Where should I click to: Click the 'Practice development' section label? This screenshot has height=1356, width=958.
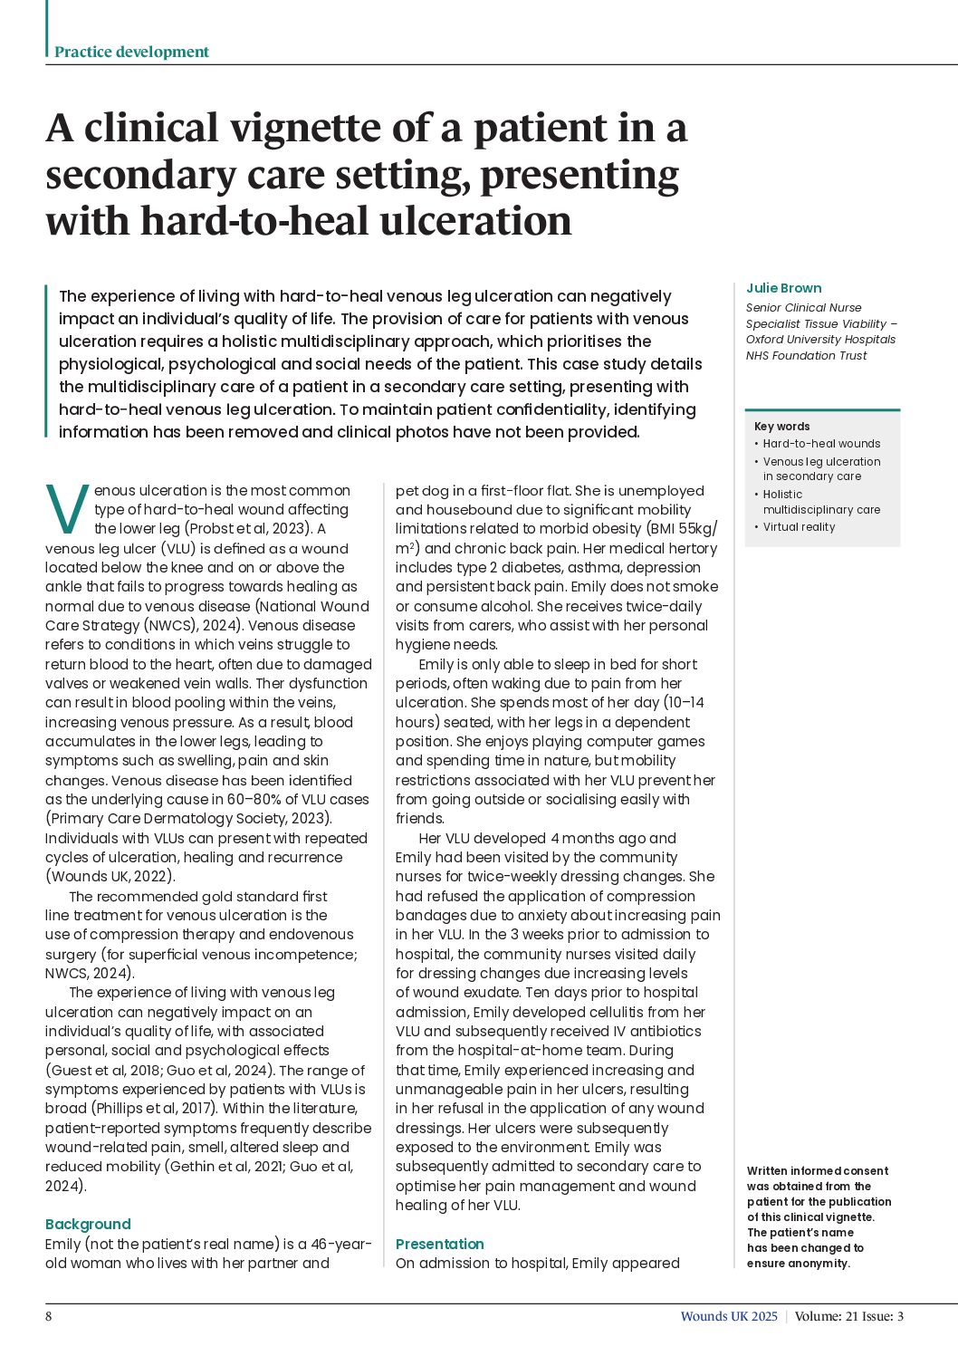(x=131, y=52)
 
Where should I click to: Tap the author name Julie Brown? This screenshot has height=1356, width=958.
(x=783, y=288)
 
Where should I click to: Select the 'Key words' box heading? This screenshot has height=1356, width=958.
(x=781, y=426)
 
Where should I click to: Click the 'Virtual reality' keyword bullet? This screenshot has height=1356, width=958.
(x=799, y=527)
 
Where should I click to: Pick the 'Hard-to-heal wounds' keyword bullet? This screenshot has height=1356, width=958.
(x=821, y=444)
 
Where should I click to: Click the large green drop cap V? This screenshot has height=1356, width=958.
(x=67, y=509)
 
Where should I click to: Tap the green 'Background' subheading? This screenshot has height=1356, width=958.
(x=88, y=1224)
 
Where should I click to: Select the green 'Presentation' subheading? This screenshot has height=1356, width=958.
(x=439, y=1244)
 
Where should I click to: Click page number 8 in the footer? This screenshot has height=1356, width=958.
(x=49, y=1316)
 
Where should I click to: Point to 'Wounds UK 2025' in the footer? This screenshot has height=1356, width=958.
(x=729, y=1316)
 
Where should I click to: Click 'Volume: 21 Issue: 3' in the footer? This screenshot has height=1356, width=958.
(x=848, y=1316)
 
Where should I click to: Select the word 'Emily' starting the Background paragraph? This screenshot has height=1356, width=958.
(x=62, y=1244)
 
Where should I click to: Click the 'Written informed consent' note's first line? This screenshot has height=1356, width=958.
(x=817, y=1170)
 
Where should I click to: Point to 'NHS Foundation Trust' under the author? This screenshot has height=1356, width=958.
(x=806, y=356)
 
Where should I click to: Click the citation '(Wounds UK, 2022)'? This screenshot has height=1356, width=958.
(x=110, y=877)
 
